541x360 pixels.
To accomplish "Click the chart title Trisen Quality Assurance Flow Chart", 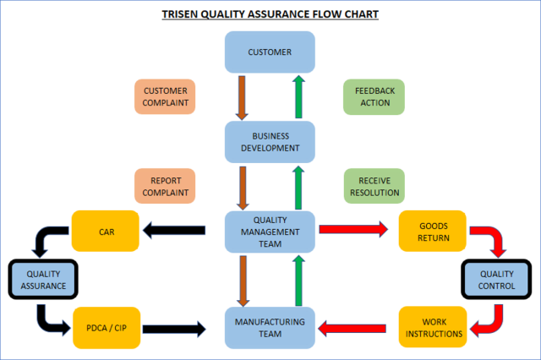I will [270, 14].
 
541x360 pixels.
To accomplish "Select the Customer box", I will [270, 52].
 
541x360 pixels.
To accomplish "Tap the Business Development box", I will [270, 142].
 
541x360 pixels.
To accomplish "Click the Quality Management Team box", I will [270, 231].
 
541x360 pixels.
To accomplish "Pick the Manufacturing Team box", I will [270, 328].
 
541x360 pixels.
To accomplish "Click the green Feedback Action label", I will [374, 97].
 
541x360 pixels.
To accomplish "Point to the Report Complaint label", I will [165, 187].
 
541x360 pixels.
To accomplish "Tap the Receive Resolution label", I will [374, 187].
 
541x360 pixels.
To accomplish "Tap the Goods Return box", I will [434, 232].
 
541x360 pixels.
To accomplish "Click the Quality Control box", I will [496, 280].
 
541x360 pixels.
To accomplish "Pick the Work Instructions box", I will [434, 328].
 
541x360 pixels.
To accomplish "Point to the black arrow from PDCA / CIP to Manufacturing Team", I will [173, 328].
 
